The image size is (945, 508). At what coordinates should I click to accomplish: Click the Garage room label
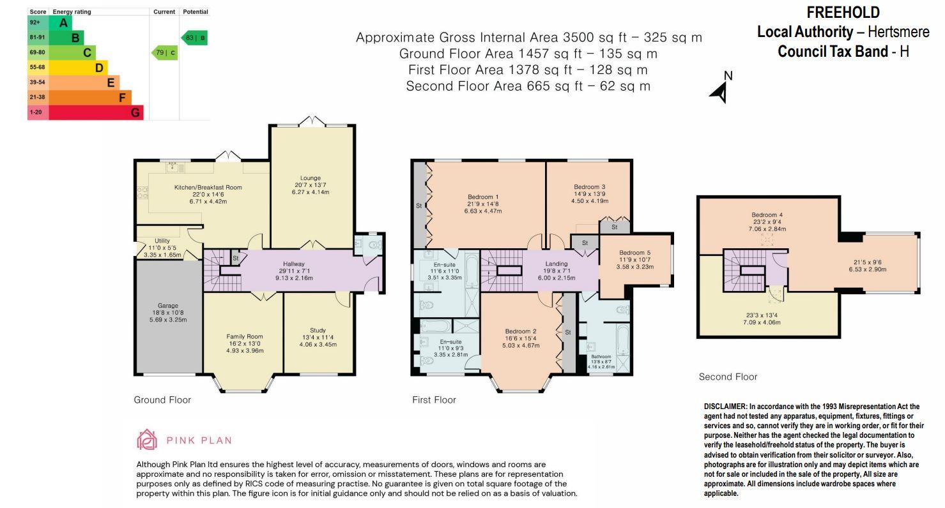168,306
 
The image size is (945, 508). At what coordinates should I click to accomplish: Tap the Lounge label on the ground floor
311,178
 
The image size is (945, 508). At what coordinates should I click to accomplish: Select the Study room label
318,331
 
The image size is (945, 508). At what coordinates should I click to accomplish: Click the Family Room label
245,336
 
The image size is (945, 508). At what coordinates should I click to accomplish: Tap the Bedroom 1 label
484,197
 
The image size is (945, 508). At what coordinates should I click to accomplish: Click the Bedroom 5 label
636,252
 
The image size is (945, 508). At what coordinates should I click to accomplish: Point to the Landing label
557,264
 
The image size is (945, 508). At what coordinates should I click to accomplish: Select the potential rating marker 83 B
195,38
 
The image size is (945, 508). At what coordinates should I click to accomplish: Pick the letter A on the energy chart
63,23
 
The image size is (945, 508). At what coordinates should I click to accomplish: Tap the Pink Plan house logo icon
147,439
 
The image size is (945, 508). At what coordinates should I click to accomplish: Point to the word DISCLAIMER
725,407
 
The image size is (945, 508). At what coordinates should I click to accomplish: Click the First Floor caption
434,400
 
